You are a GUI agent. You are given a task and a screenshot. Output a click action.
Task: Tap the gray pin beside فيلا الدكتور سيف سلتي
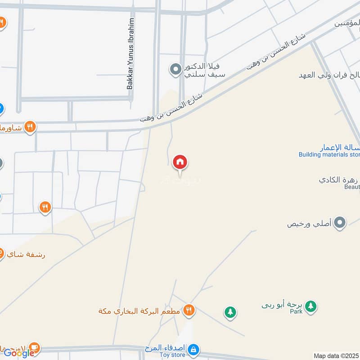[x=175, y=70]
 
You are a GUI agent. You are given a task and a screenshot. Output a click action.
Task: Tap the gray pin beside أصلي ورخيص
[x=341, y=222]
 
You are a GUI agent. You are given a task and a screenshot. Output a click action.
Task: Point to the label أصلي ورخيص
[x=309, y=223]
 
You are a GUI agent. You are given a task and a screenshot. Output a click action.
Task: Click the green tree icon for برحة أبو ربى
[x=310, y=306]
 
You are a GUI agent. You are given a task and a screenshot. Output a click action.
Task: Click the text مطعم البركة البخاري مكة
[x=140, y=311]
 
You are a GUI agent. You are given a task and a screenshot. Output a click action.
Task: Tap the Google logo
[x=19, y=353]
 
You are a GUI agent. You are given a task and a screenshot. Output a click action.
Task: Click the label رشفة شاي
[x=26, y=254]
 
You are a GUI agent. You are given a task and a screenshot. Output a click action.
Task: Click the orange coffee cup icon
[x=34, y=348]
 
